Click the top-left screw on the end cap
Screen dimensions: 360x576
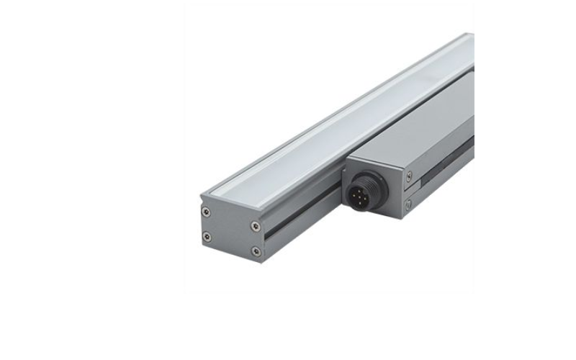click(x=207, y=212)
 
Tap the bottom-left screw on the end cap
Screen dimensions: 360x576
click(x=207, y=236)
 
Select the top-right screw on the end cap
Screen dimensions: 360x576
click(x=256, y=227)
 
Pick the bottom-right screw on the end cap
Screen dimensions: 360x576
click(x=256, y=251)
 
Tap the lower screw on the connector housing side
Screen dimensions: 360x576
click(x=409, y=206)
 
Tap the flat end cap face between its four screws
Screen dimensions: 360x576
click(x=231, y=231)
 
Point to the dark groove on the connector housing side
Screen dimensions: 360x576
click(x=446, y=158)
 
